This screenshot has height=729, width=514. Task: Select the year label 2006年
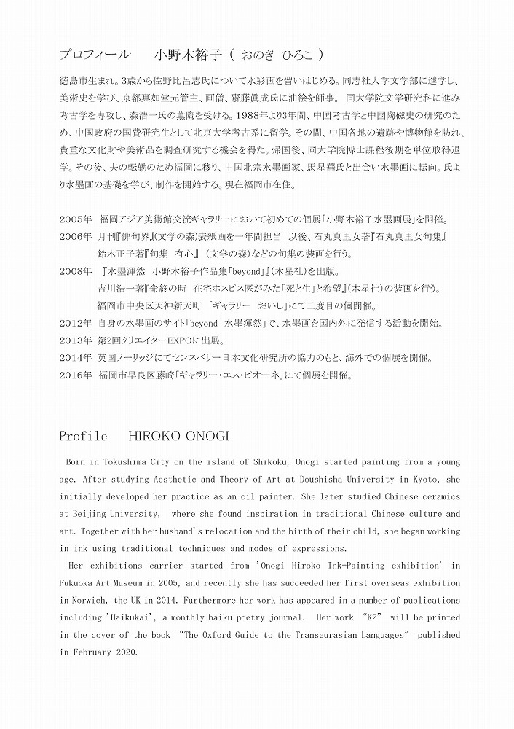[74, 236]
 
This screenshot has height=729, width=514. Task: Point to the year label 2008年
[74, 271]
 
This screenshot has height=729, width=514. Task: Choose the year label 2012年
[74, 324]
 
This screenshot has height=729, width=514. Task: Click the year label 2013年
[74, 341]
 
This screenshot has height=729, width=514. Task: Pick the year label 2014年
[74, 359]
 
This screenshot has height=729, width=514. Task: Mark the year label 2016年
[74, 376]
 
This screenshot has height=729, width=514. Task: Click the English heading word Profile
[83, 437]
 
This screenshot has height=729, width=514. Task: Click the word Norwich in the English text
[84, 600]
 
